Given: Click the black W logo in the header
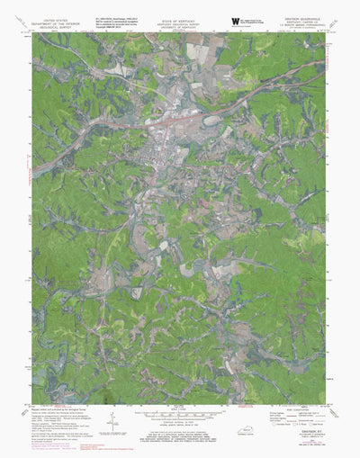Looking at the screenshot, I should [235, 19].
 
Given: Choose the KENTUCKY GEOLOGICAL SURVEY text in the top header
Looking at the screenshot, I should [177, 22].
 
